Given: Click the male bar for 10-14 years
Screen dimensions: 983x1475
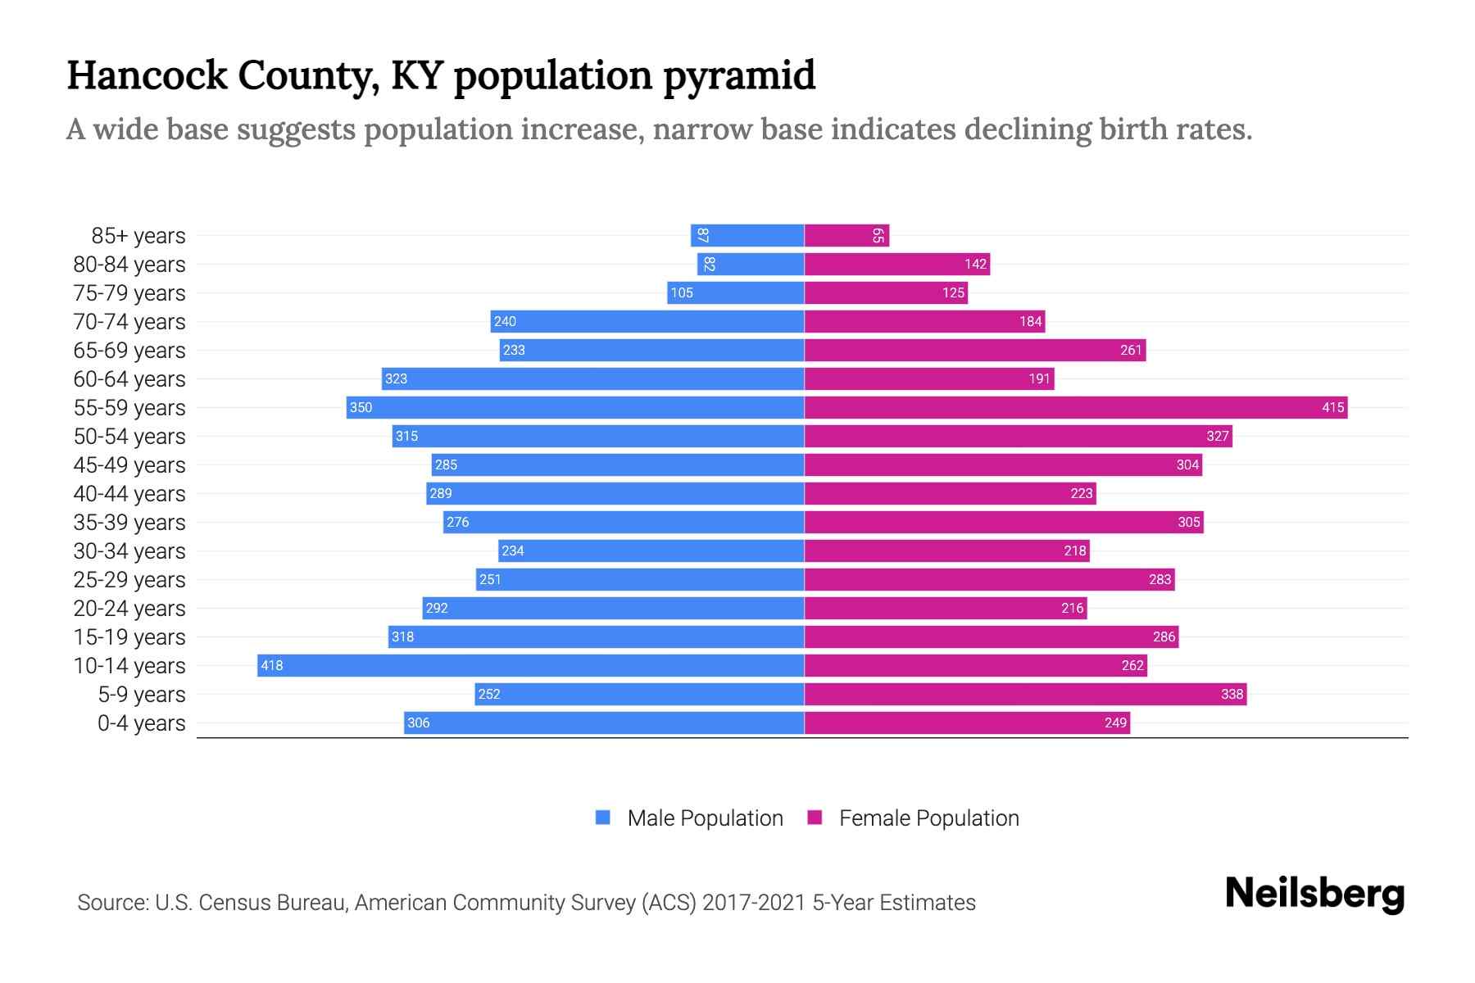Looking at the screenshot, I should point(530,665).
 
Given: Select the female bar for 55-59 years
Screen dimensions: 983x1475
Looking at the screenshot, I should point(1075,407).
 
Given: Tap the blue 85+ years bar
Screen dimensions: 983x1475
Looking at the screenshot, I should point(747,236).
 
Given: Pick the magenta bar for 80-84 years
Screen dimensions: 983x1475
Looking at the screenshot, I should point(896,264).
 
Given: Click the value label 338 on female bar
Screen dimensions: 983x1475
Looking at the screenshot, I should point(1232,695).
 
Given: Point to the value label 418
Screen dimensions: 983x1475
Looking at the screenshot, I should point(271,666).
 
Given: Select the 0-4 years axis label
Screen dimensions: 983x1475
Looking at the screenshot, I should point(141,723).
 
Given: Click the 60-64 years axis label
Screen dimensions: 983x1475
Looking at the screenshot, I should point(129,379).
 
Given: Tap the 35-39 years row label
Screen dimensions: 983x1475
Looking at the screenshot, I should point(129,523).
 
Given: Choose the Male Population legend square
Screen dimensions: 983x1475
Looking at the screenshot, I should point(603,818).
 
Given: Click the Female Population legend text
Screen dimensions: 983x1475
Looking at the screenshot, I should point(928,818).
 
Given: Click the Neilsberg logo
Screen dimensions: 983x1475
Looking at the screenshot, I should point(1314,894).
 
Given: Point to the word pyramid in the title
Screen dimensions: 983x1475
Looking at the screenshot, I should point(738,75).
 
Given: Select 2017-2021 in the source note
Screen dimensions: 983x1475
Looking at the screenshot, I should point(754,903).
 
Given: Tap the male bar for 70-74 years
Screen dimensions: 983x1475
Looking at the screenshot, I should point(647,321).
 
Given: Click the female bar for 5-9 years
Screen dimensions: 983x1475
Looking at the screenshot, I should point(1024,694).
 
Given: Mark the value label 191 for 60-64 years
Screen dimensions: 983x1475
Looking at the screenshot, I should point(1039,379).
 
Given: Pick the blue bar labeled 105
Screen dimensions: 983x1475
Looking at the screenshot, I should point(735,292).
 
